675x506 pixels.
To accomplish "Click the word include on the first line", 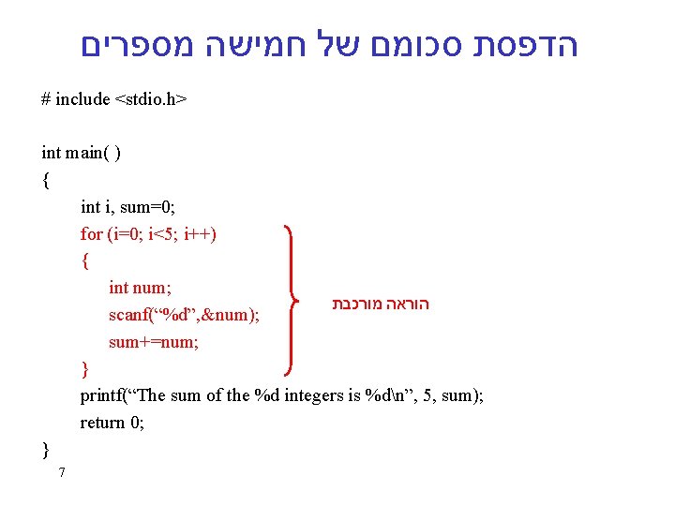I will coord(82,99).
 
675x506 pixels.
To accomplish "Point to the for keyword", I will coord(91,234).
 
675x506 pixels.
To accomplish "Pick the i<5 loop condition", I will coord(163,234).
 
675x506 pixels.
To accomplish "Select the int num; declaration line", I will coord(140,288).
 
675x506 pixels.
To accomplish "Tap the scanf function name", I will coord(128,315).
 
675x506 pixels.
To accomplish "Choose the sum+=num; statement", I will coord(154,342).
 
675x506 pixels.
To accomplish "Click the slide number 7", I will coord(61,472).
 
